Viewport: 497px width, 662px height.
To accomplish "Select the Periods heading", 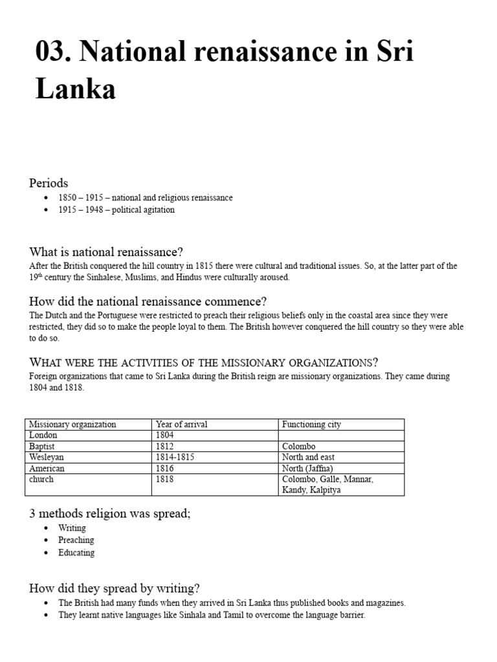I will (49, 183).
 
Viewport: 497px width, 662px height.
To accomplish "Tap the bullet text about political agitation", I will (116, 210).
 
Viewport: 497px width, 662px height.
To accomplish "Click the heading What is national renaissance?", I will (111, 251).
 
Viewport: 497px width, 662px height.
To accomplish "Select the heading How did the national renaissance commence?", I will (148, 301).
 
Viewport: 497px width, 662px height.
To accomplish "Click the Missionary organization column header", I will (72, 425).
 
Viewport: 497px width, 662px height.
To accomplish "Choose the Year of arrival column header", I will (182, 425).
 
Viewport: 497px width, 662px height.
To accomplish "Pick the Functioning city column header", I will (311, 425).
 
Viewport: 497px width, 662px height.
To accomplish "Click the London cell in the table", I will (43, 436).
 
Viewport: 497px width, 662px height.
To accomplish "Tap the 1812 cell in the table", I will (165, 447).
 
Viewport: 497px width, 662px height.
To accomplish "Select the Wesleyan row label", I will (47, 458).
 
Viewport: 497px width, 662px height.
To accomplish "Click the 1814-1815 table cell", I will (175, 458).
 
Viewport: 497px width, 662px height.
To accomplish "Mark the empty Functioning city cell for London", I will (341, 436).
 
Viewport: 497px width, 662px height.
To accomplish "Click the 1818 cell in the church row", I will (165, 480).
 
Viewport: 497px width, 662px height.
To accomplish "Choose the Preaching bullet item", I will (76, 540).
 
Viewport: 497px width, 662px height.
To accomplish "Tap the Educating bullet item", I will (76, 553).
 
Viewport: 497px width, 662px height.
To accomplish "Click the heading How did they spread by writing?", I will (115, 588).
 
